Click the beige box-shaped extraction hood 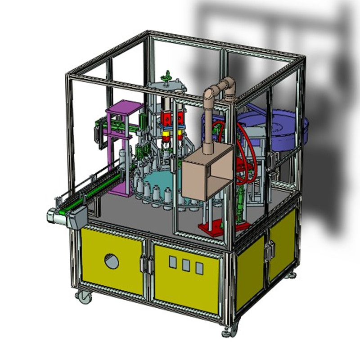pos(207,173)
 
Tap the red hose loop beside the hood pos(245,148)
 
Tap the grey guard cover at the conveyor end pos(77,219)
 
